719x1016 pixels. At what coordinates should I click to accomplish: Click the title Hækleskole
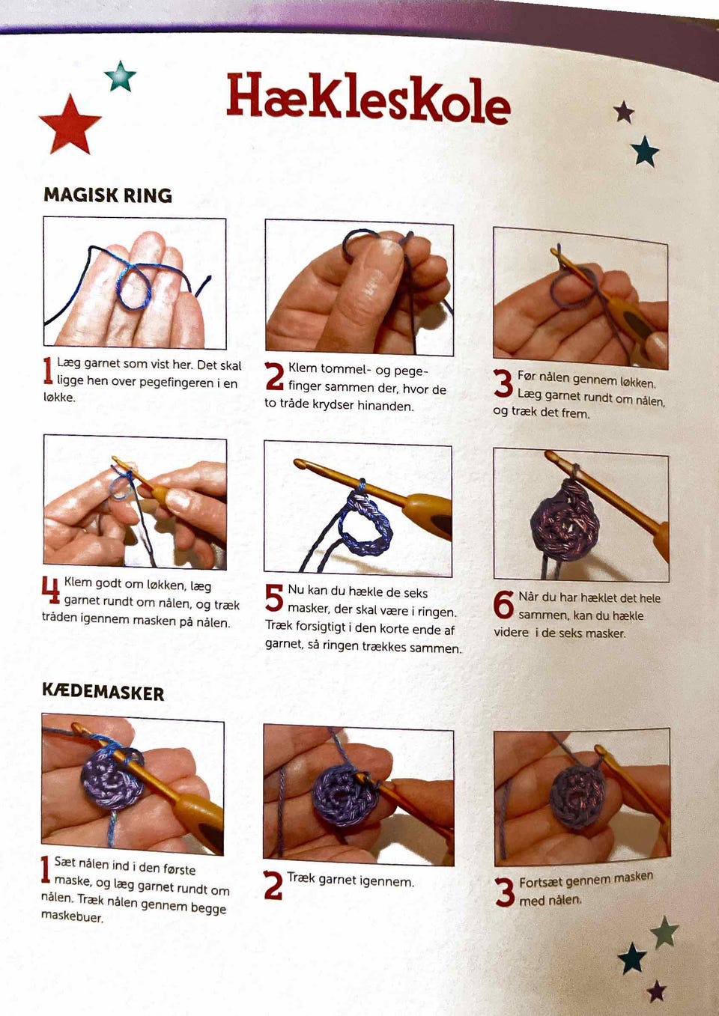pyautogui.click(x=368, y=99)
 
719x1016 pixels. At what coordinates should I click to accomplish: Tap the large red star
pyautogui.click(x=70, y=125)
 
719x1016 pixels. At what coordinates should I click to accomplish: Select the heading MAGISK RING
pyautogui.click(x=108, y=195)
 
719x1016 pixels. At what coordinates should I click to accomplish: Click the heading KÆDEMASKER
pyautogui.click(x=103, y=693)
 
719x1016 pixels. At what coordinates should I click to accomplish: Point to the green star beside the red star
pyautogui.click(x=120, y=76)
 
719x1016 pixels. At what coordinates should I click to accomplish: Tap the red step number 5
pyautogui.click(x=274, y=597)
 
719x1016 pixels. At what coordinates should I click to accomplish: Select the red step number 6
pyautogui.click(x=503, y=604)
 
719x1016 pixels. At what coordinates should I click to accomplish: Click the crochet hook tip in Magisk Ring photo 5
pyautogui.click(x=300, y=463)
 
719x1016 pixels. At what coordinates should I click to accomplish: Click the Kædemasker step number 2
pyautogui.click(x=273, y=886)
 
